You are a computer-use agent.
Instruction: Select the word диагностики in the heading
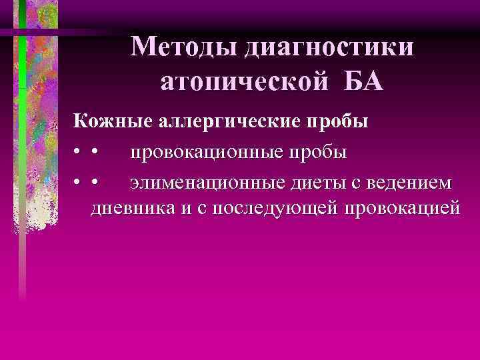coord(329,48)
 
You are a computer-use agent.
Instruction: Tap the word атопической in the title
coord(245,83)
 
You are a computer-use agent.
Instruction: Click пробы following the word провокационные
coord(314,153)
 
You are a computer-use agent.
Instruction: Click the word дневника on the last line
coord(131,207)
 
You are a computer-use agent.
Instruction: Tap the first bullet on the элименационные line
coord(78,183)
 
